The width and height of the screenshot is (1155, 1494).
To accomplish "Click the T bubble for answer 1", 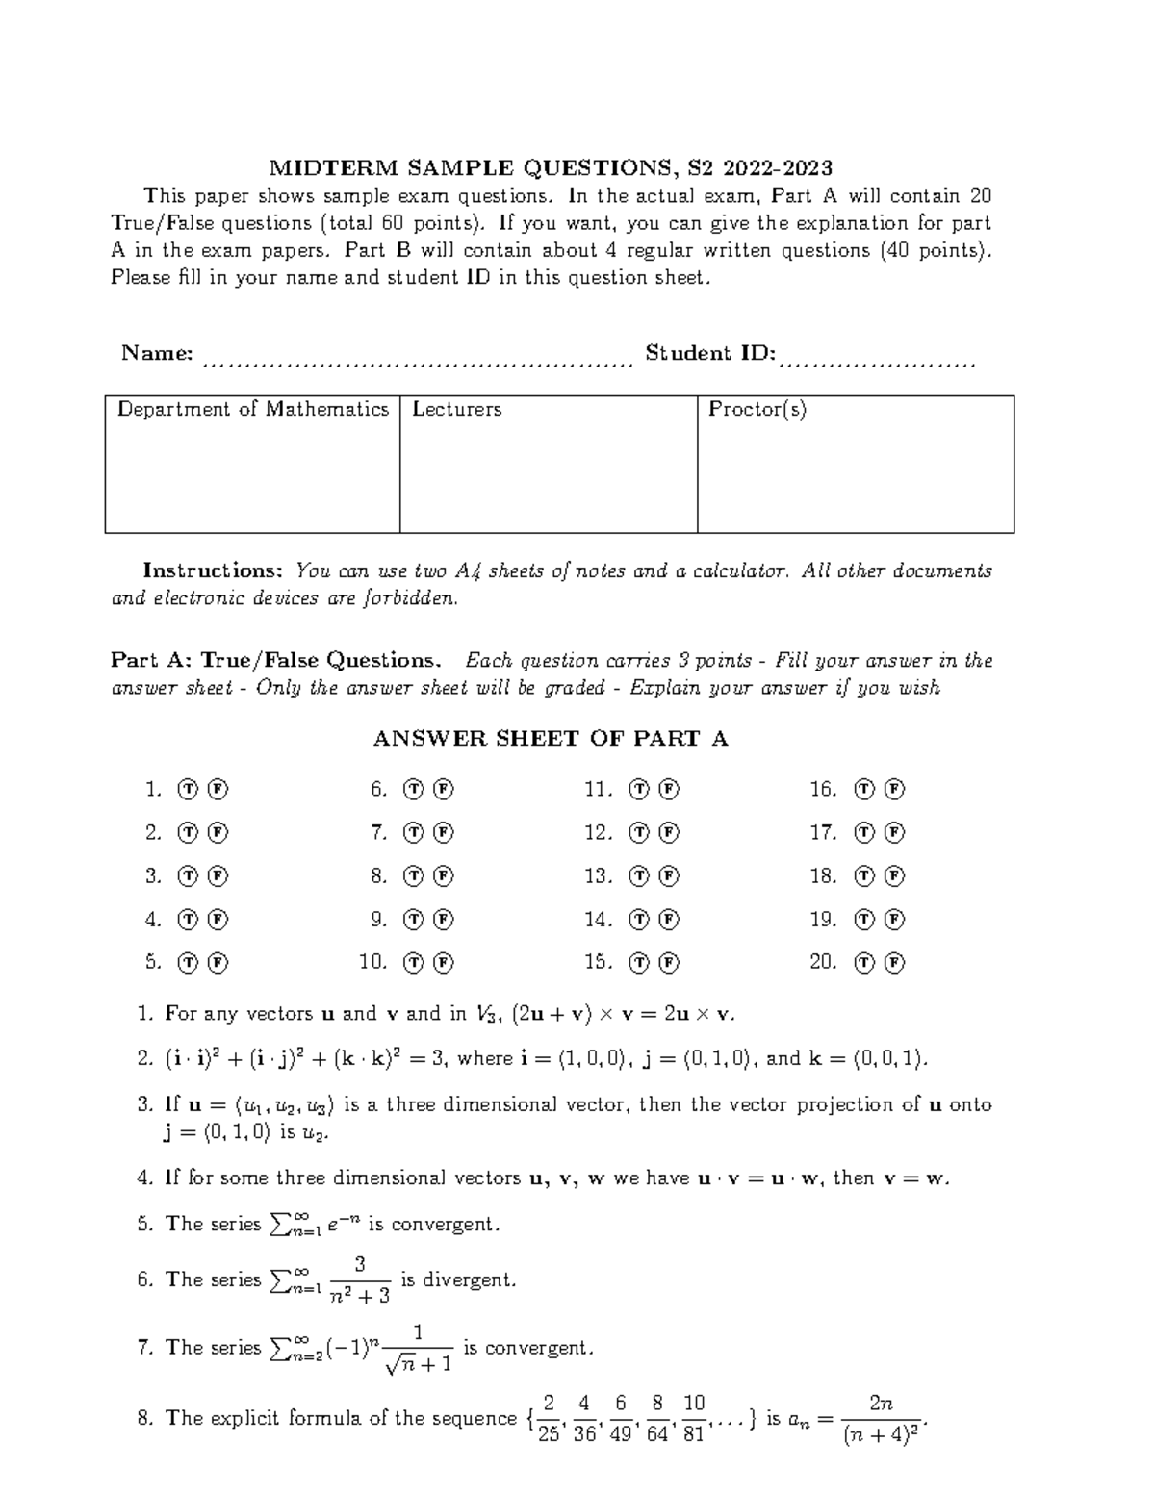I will (x=188, y=790).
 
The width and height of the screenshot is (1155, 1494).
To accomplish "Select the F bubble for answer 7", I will (x=444, y=833).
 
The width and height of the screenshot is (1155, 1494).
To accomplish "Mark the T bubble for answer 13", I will (x=639, y=876).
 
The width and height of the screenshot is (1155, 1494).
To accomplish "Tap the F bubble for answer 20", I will (x=894, y=962).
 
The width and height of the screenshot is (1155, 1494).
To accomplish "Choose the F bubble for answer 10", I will (x=444, y=962).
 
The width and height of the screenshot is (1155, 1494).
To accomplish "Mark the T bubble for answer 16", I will (x=864, y=790).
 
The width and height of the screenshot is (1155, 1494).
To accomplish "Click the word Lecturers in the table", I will (x=457, y=410).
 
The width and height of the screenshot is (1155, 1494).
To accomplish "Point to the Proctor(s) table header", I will (x=757, y=410).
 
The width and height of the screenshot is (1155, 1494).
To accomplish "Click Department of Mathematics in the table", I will (x=253, y=410).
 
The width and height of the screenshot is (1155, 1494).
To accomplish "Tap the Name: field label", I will (x=157, y=354).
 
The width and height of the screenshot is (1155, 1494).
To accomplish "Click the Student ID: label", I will (x=710, y=354).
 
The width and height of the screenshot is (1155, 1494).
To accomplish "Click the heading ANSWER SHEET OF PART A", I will (x=550, y=739).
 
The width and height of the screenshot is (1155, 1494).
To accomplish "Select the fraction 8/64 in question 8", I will (x=657, y=1418).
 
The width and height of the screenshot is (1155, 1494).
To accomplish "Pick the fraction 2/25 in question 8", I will (x=549, y=1418).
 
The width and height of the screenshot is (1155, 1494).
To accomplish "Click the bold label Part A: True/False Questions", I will (x=276, y=661).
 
